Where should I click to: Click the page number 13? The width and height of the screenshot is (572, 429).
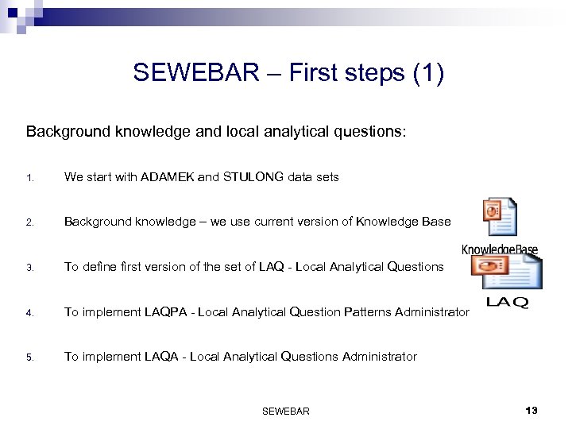pos(531,410)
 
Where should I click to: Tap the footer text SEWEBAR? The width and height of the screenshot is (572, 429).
pos(285,411)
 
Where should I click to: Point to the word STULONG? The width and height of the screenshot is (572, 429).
pos(252,177)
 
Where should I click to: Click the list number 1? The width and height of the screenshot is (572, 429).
pos(29,178)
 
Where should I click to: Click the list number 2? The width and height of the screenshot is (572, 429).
pos(29,222)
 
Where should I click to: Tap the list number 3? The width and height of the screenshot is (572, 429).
pos(29,268)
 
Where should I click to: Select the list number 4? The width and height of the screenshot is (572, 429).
pos(29,313)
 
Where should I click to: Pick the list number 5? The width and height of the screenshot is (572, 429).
pos(29,357)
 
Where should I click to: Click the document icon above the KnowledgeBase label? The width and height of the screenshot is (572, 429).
pos(500,217)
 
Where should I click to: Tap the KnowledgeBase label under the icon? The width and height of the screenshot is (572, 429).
pos(500,249)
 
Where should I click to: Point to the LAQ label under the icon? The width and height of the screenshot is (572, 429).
pos(506,303)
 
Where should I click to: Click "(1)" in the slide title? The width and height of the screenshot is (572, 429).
pos(428,73)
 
